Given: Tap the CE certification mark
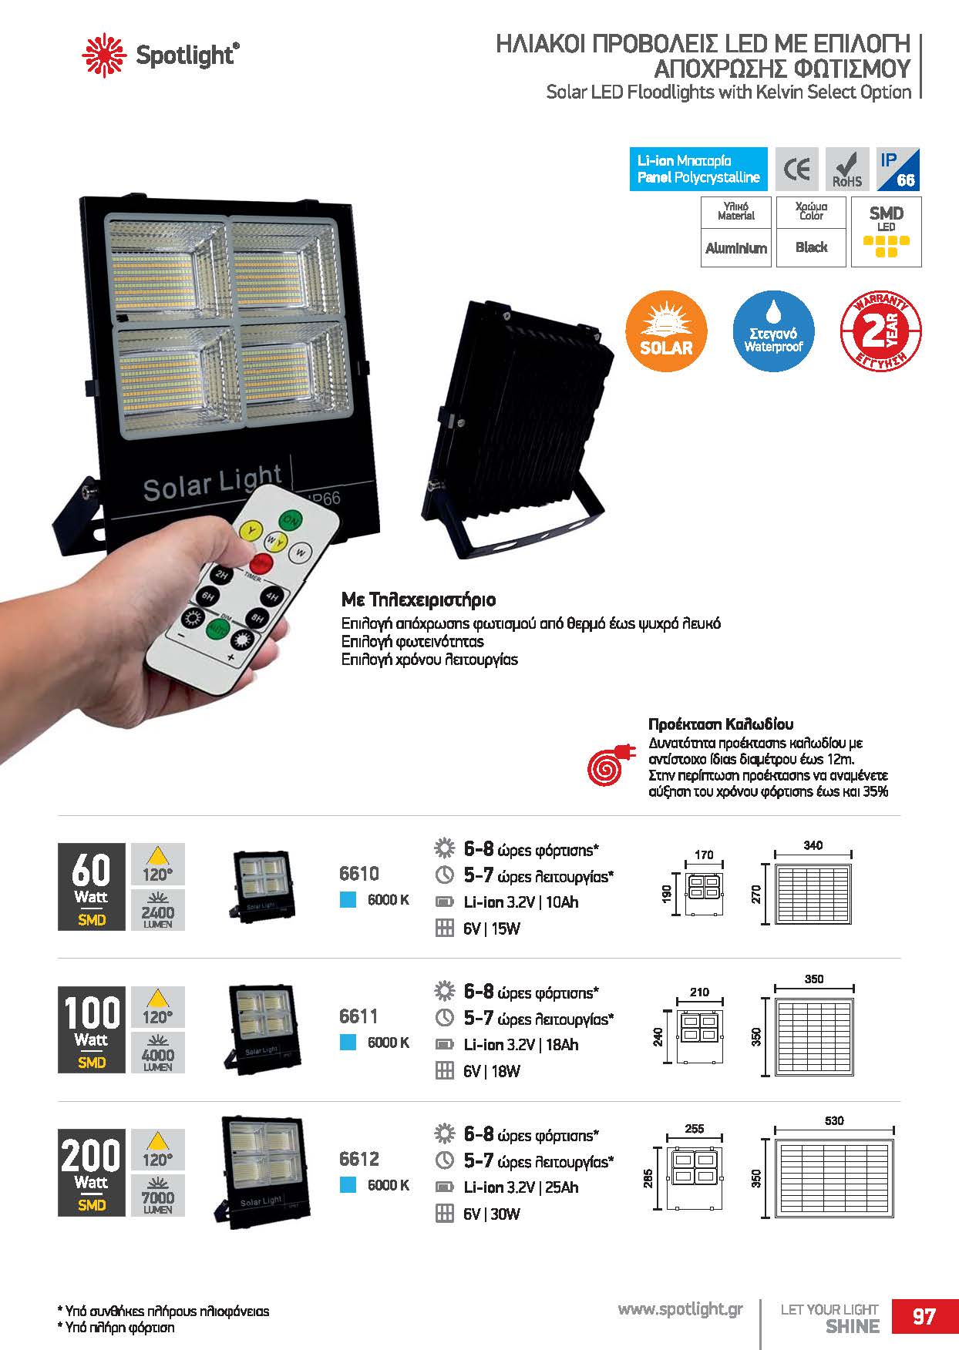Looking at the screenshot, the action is click(797, 169).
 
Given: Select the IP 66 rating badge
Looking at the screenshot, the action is click(898, 169).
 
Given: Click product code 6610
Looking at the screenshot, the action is click(358, 873).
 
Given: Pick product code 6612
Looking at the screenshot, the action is click(358, 1158).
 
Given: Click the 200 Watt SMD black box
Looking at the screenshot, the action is click(91, 1172).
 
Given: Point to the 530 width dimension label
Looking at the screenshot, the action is click(834, 1120).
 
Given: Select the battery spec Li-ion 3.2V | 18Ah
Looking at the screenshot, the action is click(520, 1045).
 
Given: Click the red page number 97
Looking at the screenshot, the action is click(924, 1316).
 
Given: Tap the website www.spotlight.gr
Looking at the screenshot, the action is click(681, 1309).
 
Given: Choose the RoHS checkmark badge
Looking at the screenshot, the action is click(847, 169).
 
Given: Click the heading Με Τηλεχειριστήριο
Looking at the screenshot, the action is click(419, 599).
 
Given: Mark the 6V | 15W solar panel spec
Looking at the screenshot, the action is click(492, 929).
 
